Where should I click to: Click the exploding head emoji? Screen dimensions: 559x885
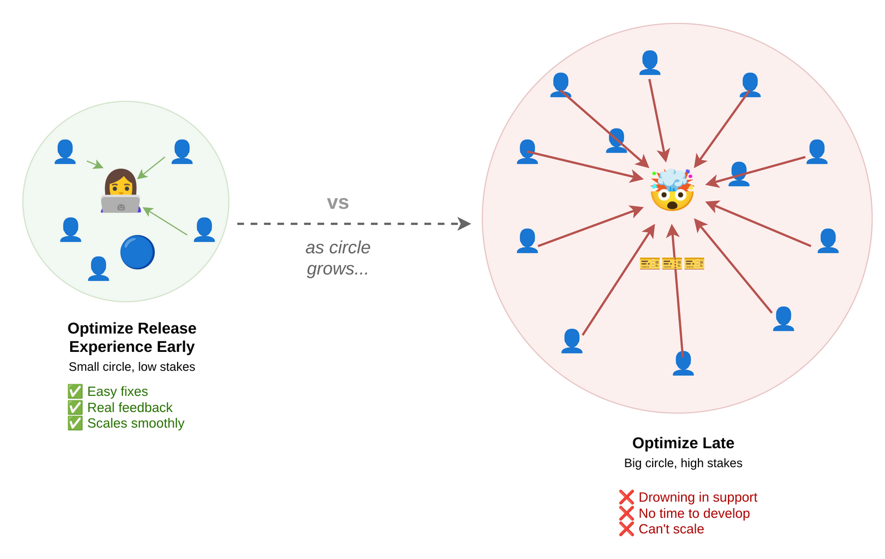pos(672,190)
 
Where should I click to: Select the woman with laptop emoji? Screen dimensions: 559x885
pos(121,191)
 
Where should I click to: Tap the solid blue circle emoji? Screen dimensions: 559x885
pos(137,252)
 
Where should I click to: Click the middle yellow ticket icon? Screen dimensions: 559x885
pos(672,263)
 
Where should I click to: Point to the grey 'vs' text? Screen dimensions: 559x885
pos(338,203)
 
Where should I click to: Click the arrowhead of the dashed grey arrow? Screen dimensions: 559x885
pos(464,224)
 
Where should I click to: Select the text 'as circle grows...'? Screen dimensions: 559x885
pos(338,258)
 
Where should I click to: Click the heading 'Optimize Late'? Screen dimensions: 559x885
pos(683,443)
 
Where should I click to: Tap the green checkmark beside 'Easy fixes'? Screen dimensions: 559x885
pos(75,391)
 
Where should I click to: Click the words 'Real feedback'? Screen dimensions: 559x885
pos(130,408)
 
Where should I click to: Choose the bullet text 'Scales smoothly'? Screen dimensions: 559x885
pos(135,423)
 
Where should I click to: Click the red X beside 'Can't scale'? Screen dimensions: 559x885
pos(626,529)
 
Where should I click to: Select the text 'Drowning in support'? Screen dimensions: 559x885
pos(697,497)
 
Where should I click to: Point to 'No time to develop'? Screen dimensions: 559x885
pos(694,513)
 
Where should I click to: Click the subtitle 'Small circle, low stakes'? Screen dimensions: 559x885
pos(132,367)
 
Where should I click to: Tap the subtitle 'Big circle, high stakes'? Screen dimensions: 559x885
pos(683,463)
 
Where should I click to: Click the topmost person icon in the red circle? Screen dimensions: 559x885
pos(649,62)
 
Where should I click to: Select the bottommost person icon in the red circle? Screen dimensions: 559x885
pos(683,363)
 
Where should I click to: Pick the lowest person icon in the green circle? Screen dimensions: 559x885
pos(99,268)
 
